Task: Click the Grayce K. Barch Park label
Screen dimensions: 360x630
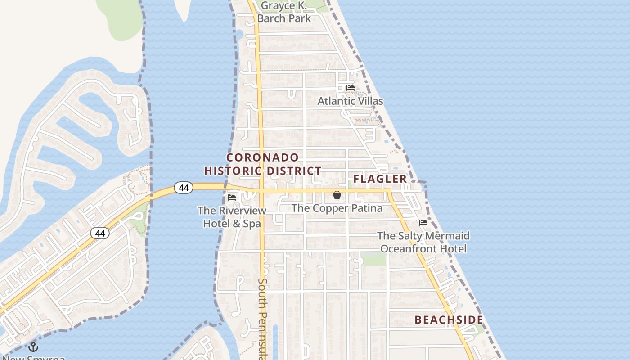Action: [x=284, y=12]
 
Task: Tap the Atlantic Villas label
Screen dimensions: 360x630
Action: [x=350, y=101]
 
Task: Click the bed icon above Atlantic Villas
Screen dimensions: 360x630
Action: [x=351, y=87]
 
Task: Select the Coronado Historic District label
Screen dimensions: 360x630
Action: [x=263, y=164]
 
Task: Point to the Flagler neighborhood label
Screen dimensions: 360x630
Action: [x=380, y=179]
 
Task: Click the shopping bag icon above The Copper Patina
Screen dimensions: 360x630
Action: [x=337, y=195]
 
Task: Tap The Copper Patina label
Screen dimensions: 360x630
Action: [x=337, y=208]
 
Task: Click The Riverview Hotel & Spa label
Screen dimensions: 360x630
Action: [x=232, y=216]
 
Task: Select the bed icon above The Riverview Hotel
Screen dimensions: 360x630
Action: [x=232, y=197]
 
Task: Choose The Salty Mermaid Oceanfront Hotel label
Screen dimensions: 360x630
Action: [x=423, y=242]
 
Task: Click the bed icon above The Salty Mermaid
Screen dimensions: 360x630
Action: [x=423, y=222]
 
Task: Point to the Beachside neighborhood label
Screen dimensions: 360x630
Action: [x=449, y=320]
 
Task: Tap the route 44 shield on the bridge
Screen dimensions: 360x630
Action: [x=184, y=188]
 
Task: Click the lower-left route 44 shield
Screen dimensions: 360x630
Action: [x=99, y=233]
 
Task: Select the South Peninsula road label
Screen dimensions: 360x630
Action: [x=263, y=317]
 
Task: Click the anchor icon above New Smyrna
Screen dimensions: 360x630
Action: [x=33, y=347]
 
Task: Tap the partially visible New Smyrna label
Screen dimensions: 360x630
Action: [x=34, y=358]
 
